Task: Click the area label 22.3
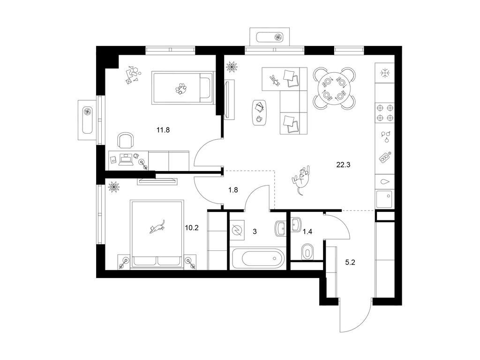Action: click(343, 165)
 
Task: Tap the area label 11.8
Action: click(163, 130)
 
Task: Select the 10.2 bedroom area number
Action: click(192, 228)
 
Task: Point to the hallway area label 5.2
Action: click(350, 262)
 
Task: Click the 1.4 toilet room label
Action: click(307, 232)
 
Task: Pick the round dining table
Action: click(334, 89)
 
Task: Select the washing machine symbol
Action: click(237, 230)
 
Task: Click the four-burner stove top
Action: click(385, 112)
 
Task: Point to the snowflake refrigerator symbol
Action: click(385, 73)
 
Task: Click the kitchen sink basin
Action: click(384, 199)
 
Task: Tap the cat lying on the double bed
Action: click(157, 226)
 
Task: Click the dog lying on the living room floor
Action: click(301, 180)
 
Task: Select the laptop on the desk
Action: click(126, 159)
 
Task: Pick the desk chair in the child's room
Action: click(126, 141)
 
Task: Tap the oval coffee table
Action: click(260, 112)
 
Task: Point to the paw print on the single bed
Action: click(181, 89)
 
